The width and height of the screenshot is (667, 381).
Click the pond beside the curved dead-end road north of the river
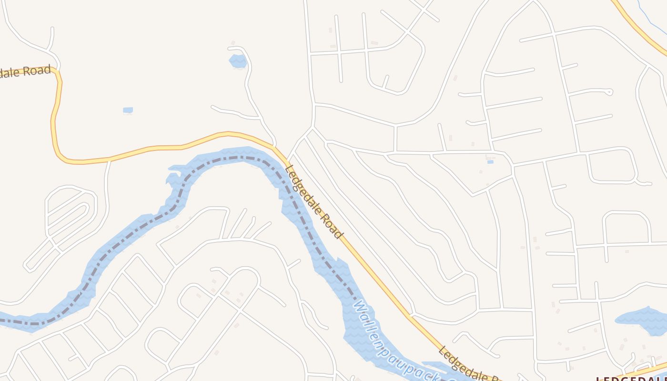tap(238, 61)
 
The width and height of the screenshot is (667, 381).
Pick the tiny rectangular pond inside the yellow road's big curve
tap(128, 110)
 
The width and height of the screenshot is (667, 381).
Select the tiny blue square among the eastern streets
tap(490, 162)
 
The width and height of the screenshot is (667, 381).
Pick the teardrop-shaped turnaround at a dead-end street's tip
tap(609, 92)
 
